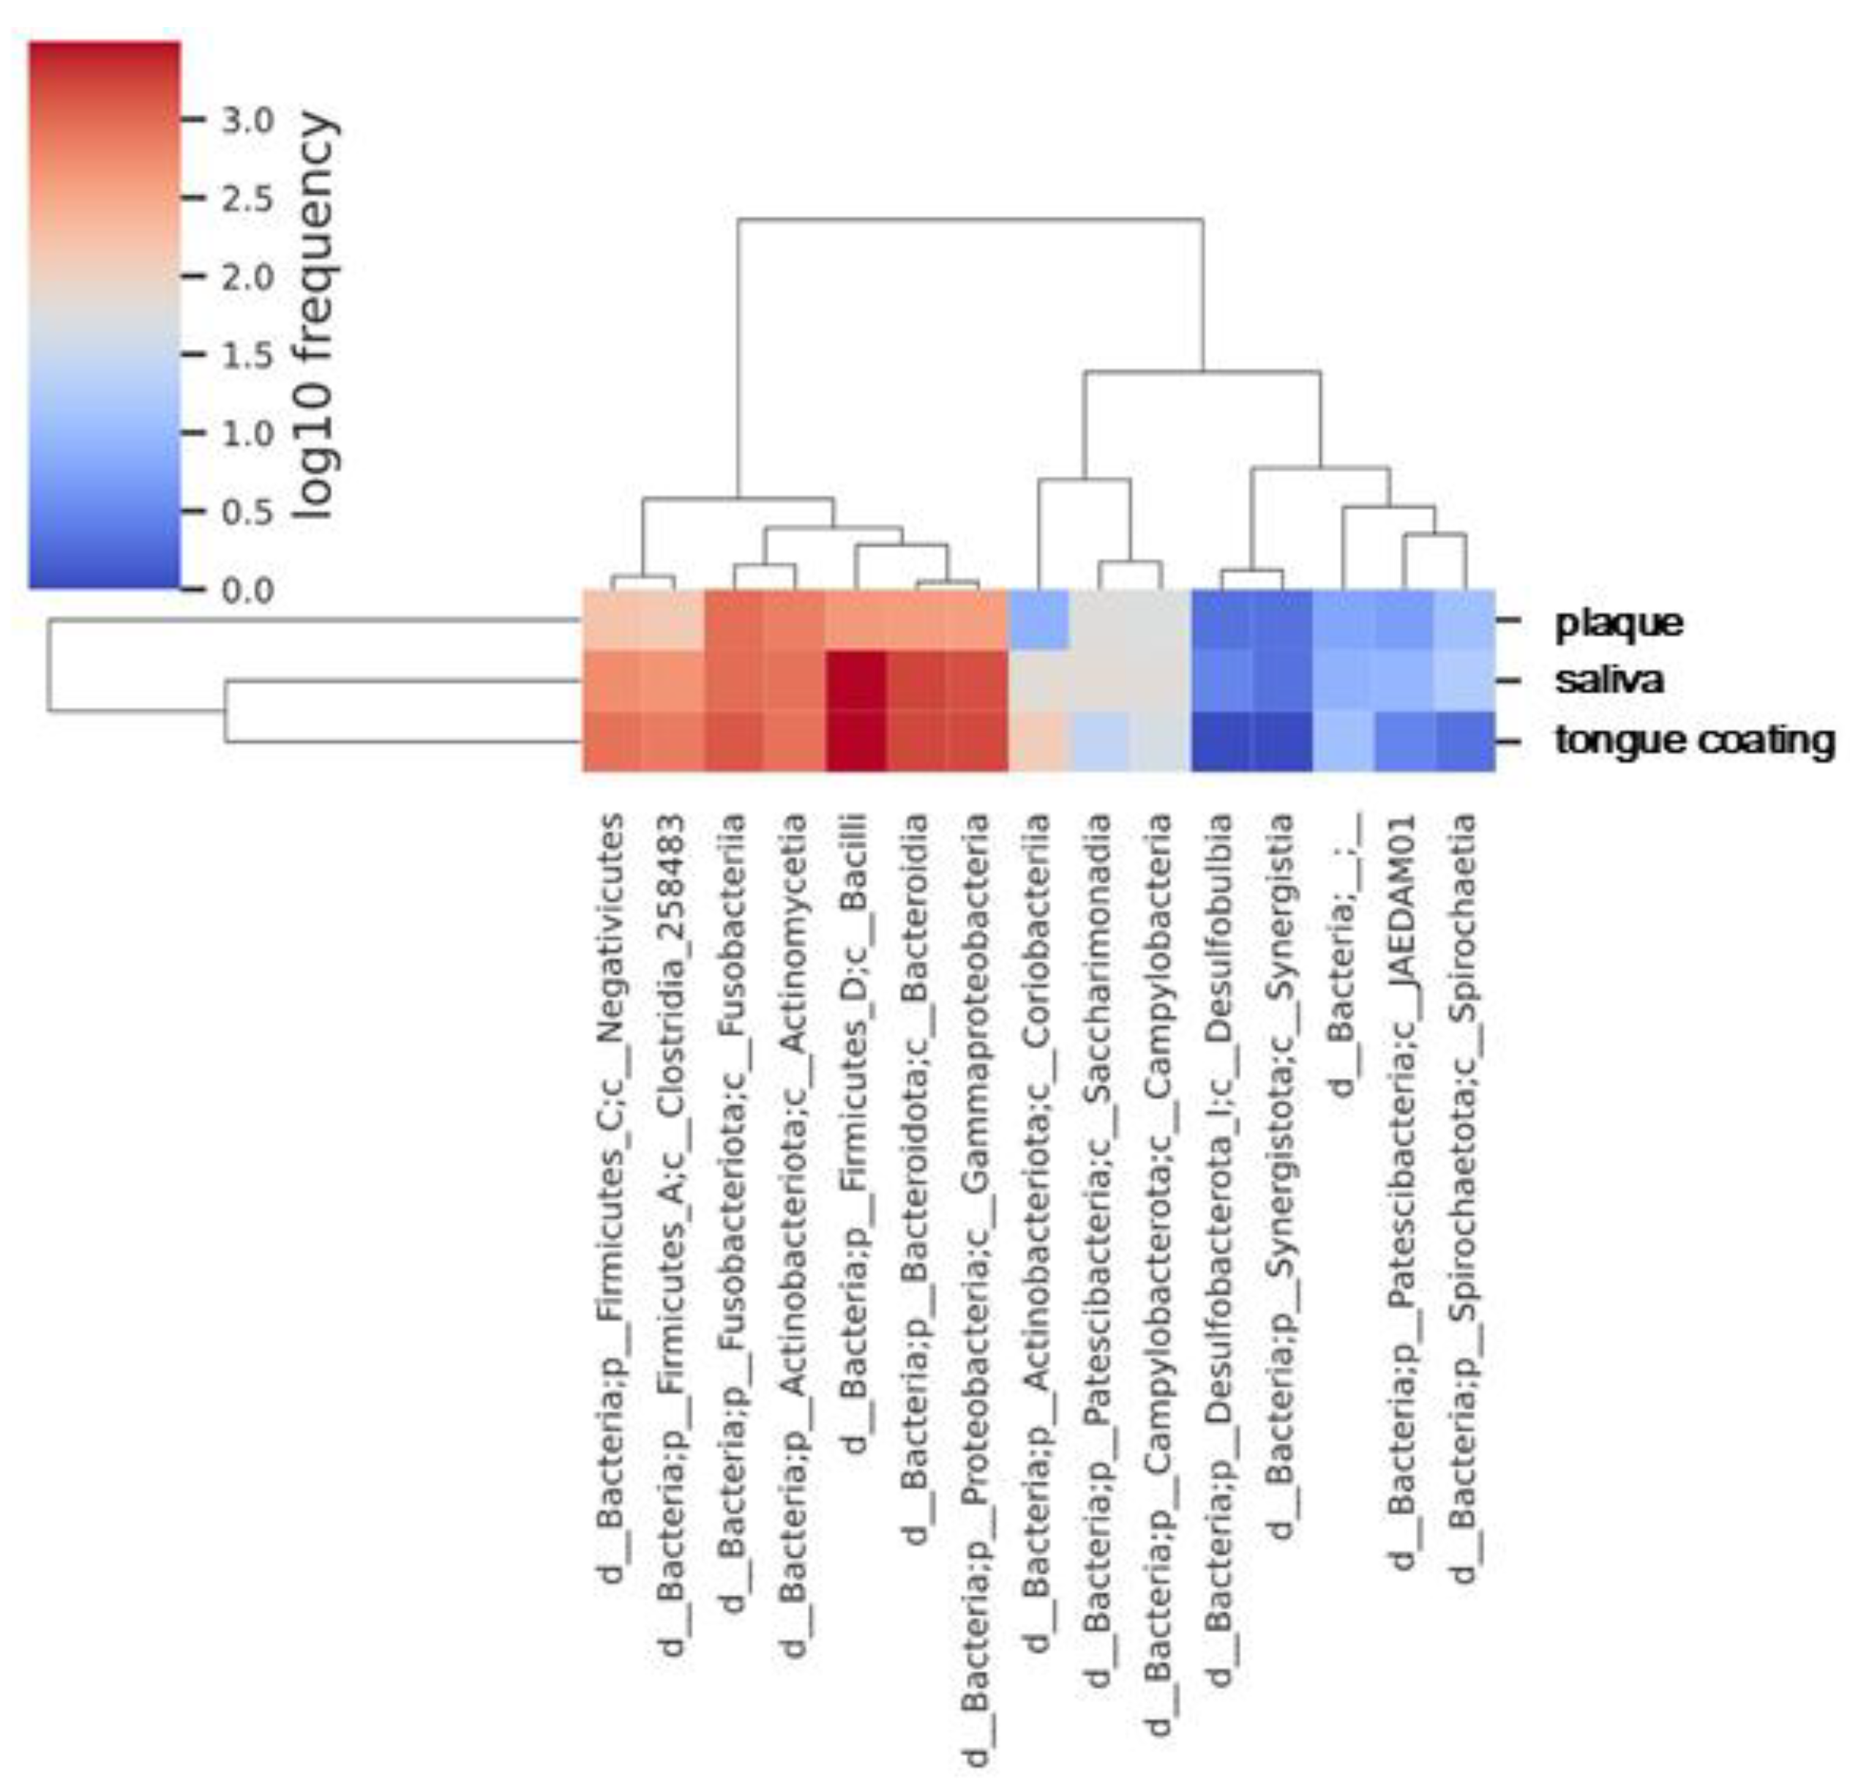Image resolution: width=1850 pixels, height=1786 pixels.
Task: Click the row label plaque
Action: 1619,622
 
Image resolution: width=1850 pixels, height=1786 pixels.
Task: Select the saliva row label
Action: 1609,681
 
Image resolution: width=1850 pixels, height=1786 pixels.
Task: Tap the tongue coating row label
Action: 1694,741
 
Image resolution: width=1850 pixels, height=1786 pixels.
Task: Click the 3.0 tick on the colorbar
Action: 247,120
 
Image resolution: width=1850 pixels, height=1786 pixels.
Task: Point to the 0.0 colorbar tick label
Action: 247,590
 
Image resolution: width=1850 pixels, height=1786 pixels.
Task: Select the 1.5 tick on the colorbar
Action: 247,355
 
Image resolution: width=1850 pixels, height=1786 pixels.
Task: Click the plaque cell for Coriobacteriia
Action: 1038,621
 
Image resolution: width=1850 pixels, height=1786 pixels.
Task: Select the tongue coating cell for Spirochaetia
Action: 1465,741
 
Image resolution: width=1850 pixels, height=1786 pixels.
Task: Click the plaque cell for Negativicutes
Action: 612,621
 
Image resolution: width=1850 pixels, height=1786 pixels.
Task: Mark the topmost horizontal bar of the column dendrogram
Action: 970,219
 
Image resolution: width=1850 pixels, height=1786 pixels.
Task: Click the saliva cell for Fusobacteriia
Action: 733,681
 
